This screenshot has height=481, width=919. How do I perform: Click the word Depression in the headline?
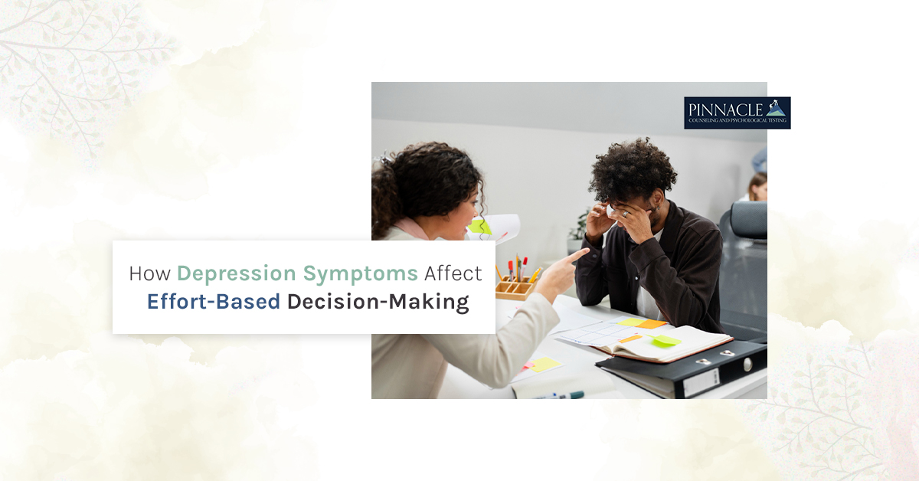point(237,274)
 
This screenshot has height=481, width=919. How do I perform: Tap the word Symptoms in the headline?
point(361,274)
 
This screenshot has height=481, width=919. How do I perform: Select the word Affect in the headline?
point(453,273)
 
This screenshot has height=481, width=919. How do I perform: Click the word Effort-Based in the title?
point(214,301)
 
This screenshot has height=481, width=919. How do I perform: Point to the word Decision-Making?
point(378,303)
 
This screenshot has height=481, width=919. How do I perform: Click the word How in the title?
point(150,273)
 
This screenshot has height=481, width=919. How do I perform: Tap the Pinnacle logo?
point(737,113)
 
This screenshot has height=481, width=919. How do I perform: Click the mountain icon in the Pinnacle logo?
point(776,108)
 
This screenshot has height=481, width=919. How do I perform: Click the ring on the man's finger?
point(625,214)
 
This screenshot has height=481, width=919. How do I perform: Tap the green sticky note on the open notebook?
point(664,340)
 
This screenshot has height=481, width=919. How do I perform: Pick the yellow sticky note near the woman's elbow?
point(545,364)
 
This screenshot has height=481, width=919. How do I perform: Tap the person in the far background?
point(758,187)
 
